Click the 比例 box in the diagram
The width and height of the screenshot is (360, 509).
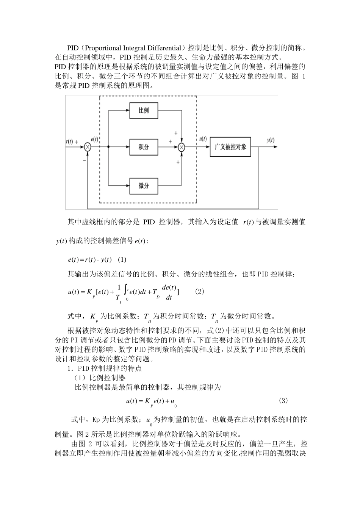[144, 111]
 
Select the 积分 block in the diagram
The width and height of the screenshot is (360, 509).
[144, 147]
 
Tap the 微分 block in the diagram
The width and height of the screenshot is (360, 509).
[144, 186]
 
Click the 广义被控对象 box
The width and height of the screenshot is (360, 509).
[230, 147]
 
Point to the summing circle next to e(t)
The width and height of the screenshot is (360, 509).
[88, 147]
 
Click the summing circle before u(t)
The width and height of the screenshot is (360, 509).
[182, 147]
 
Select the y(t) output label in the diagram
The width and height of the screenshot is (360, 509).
[270, 140]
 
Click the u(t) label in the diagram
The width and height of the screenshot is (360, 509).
[203, 139]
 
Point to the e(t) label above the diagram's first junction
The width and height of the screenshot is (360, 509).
[95, 139]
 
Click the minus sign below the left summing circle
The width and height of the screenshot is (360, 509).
[84, 160]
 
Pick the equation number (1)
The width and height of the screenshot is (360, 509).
[122, 259]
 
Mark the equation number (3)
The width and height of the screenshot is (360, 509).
[283, 400]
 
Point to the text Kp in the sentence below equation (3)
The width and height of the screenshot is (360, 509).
[96, 420]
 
